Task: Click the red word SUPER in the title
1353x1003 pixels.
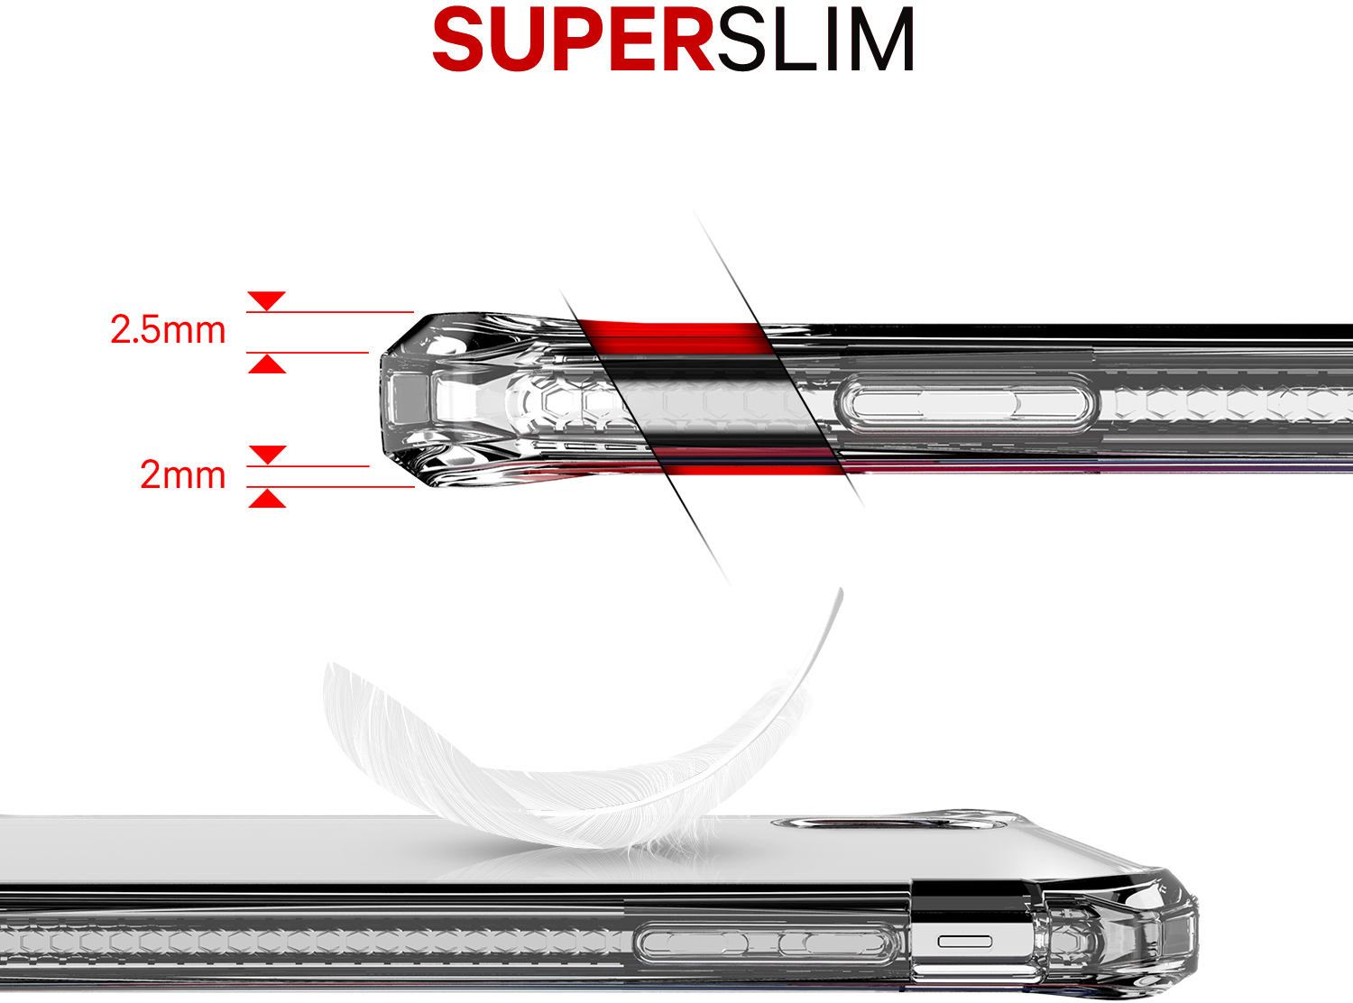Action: (x=574, y=41)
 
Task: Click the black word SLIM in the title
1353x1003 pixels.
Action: (x=815, y=41)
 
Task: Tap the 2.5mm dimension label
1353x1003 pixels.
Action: (x=168, y=330)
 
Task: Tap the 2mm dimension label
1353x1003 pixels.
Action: (x=183, y=474)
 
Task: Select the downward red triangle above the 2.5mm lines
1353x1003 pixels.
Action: (x=267, y=300)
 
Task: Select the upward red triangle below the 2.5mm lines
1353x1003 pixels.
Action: (x=267, y=364)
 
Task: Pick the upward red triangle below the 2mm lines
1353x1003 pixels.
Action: (x=267, y=499)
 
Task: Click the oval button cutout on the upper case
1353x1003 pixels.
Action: (x=969, y=402)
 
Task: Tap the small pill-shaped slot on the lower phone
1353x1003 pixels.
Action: (x=964, y=942)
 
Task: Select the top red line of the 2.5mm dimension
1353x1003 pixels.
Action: (x=330, y=312)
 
